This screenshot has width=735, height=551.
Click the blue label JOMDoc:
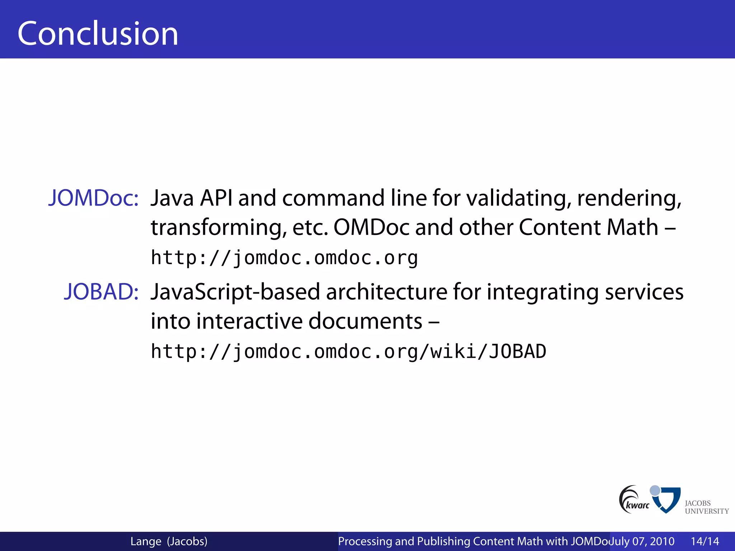pos(93,198)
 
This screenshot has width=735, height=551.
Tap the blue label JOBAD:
pos(101,291)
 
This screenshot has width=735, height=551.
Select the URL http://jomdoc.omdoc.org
pos(284,258)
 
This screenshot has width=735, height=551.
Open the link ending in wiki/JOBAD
pos(348,351)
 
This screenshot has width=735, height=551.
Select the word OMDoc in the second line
pos(371,227)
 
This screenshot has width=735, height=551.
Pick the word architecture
pos(387,292)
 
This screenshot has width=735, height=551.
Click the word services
pos(644,292)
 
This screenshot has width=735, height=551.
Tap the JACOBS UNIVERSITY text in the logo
pos(706,507)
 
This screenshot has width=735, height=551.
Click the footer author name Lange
pos(146,541)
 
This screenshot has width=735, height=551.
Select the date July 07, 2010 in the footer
pos(642,541)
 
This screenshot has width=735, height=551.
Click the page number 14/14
pos(705,541)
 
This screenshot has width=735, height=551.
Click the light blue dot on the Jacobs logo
pos(655,490)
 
